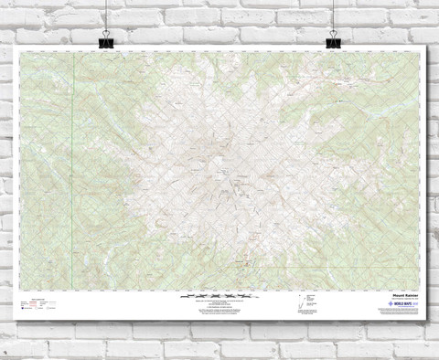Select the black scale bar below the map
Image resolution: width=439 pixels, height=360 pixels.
click(219, 295)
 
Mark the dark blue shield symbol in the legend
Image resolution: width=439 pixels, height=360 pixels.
click(25, 309)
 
